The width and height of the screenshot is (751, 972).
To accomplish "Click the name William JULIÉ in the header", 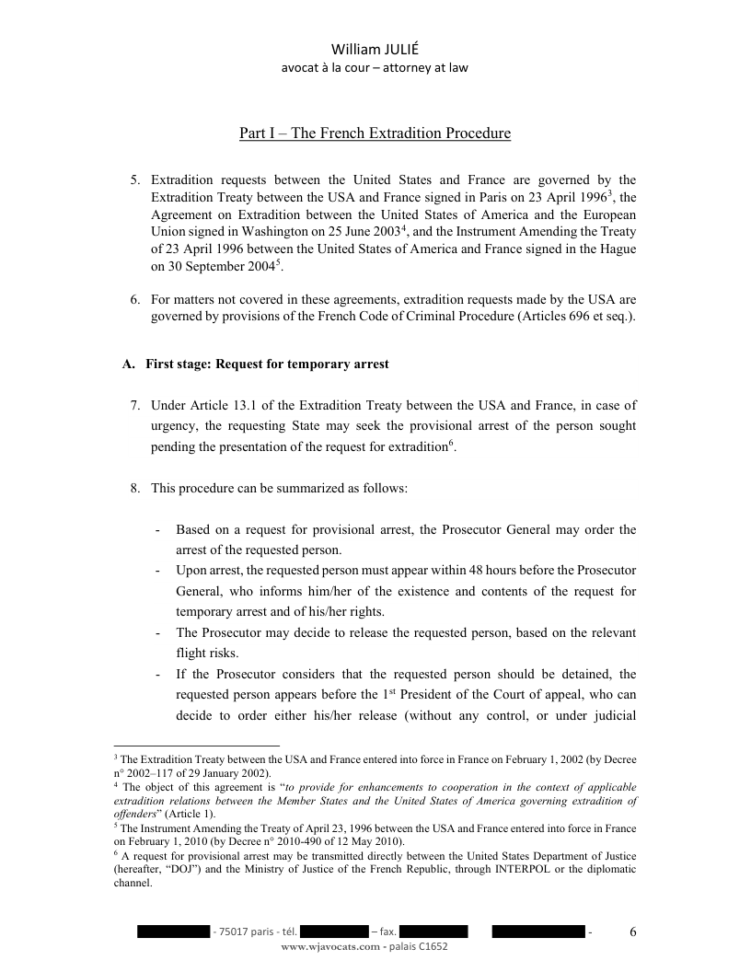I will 375,49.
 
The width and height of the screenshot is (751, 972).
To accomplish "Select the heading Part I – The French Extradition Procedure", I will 375,134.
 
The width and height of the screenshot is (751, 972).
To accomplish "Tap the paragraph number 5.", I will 133,179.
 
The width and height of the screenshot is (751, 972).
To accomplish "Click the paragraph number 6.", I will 133,300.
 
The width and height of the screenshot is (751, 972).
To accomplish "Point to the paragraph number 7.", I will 133,405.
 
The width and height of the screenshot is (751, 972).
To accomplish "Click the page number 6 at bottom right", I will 632,931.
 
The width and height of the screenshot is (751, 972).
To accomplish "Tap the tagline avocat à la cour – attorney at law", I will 375,68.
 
